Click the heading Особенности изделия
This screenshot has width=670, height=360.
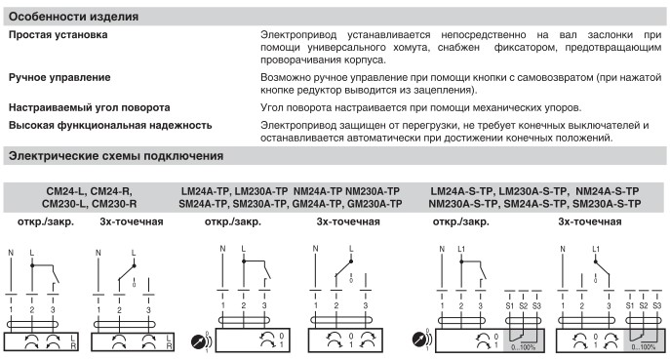point(73,17)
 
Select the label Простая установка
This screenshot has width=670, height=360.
point(59,35)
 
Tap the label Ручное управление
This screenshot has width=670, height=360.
point(59,77)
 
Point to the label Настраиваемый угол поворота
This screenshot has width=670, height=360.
point(90,107)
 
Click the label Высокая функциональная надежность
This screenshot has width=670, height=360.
point(110,125)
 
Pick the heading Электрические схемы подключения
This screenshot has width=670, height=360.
point(116,156)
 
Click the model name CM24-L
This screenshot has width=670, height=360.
point(65,191)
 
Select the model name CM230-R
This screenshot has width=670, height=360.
point(114,204)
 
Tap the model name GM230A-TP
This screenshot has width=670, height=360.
point(374,204)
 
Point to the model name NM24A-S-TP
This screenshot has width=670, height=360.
point(608,191)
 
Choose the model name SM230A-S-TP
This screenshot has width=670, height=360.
point(607,204)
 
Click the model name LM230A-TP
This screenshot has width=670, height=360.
point(261,191)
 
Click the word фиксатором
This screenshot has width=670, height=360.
point(526,48)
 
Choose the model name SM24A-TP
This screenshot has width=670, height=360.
point(204,204)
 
